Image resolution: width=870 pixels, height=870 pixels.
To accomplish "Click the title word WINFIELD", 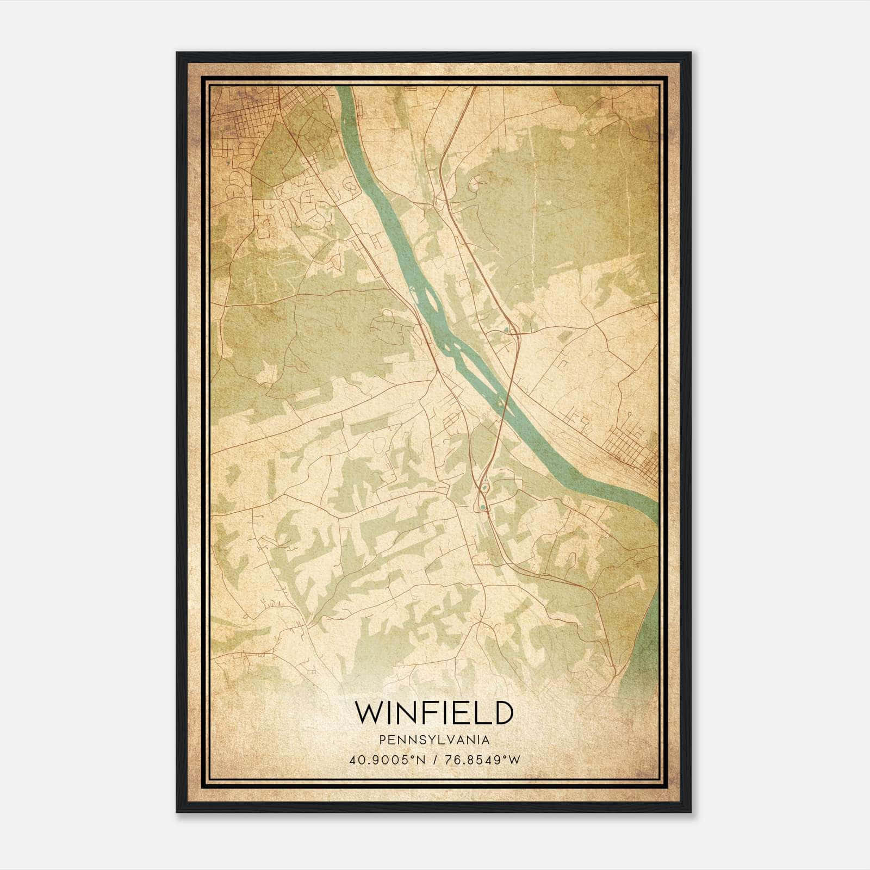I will (434, 713).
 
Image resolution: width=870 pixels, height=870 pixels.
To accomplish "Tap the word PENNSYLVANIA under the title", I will (434, 740).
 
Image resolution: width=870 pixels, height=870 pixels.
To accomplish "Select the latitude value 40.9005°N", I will (386, 760).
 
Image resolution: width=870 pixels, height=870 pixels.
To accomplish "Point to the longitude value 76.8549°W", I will (483, 760).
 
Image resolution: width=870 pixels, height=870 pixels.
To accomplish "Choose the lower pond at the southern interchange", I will (482, 508).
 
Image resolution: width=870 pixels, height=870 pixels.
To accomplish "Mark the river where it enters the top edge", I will (343, 90).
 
